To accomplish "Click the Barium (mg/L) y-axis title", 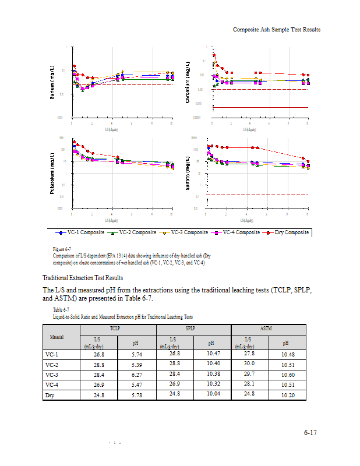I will [x=53, y=84].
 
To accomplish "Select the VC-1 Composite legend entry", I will [x=80, y=232].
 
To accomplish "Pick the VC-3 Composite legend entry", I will [x=184, y=232].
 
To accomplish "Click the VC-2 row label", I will [x=53, y=364].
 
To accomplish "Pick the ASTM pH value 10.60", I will [x=288, y=375].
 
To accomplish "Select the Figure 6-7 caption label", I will [x=62, y=249].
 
